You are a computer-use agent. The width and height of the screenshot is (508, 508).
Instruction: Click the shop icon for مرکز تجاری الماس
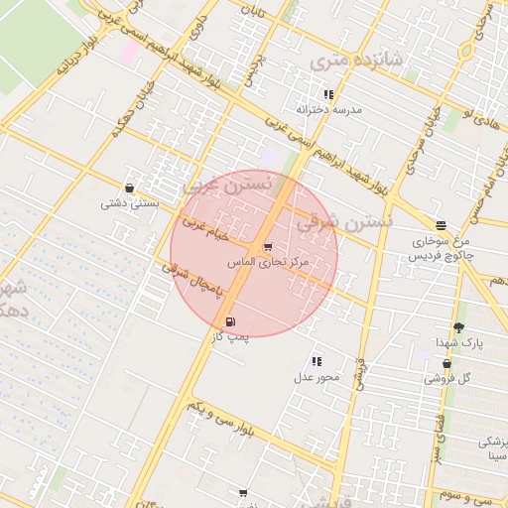(x=267, y=247)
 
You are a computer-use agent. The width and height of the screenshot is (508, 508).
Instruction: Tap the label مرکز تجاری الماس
(x=269, y=263)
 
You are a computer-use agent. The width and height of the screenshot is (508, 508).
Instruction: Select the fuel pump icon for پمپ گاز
(x=230, y=321)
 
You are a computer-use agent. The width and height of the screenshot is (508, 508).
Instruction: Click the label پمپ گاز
(x=231, y=337)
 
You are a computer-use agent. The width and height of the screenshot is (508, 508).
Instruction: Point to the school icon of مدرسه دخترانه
(x=328, y=94)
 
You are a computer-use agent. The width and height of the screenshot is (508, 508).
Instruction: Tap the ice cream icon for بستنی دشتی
(x=129, y=188)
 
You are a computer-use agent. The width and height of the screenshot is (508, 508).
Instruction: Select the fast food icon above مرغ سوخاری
(x=441, y=225)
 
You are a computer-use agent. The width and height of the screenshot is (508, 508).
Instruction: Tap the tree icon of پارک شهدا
(x=457, y=327)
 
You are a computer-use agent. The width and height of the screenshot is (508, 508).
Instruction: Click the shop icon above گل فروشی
(x=446, y=363)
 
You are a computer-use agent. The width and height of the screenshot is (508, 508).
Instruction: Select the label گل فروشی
(x=447, y=378)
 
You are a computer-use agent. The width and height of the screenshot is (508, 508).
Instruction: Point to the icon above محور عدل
(x=317, y=362)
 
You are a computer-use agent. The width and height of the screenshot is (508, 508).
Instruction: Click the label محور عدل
(x=317, y=377)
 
